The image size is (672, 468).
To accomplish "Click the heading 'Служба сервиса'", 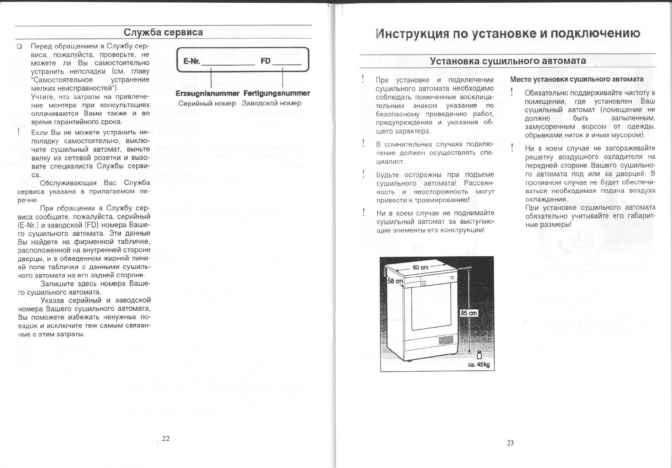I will tap(163, 32).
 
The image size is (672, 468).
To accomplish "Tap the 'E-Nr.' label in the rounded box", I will tap(191, 61).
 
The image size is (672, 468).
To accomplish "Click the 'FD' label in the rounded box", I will tap(266, 61).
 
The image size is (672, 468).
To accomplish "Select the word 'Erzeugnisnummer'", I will tap(207, 93).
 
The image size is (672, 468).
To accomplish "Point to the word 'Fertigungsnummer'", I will tap(276, 93).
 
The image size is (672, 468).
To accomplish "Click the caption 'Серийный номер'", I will tap(207, 103).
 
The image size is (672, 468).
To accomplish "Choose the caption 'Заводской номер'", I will tap(271, 103).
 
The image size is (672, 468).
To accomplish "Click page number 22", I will tap(166, 438).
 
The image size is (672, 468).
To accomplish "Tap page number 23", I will tap(510, 443).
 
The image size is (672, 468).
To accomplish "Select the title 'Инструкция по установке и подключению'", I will tap(508, 33).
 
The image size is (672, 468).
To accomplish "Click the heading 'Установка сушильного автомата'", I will tap(508, 61).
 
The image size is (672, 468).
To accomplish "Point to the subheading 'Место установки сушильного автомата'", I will tap(576, 79).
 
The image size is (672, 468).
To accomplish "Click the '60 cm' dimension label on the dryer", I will tap(420, 268).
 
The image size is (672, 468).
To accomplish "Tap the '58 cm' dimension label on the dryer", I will tap(395, 281).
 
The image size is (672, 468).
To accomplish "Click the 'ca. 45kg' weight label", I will tap(478, 365).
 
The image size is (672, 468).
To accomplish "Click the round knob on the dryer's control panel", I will tap(452, 277).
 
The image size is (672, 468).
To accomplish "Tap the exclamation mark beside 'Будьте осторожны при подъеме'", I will tap(364, 174).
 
